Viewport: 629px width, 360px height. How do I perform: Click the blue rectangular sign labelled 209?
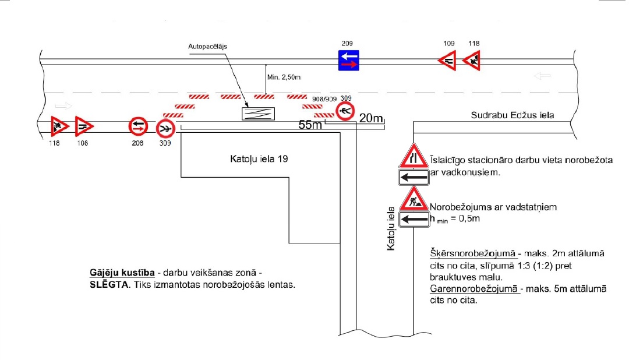(x=348, y=61)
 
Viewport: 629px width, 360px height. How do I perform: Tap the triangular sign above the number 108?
(x=83, y=126)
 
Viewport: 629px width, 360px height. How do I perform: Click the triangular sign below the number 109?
(x=447, y=60)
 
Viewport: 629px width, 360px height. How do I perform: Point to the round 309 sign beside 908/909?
(x=346, y=111)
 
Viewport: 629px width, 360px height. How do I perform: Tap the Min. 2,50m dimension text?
(x=285, y=77)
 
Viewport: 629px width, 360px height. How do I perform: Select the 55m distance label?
(x=310, y=124)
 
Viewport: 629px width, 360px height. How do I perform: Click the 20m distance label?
(x=371, y=119)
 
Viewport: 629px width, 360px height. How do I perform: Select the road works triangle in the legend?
(x=414, y=199)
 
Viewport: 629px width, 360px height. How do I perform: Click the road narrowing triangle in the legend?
(x=414, y=156)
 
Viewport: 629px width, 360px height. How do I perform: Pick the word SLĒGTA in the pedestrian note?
(x=107, y=285)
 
